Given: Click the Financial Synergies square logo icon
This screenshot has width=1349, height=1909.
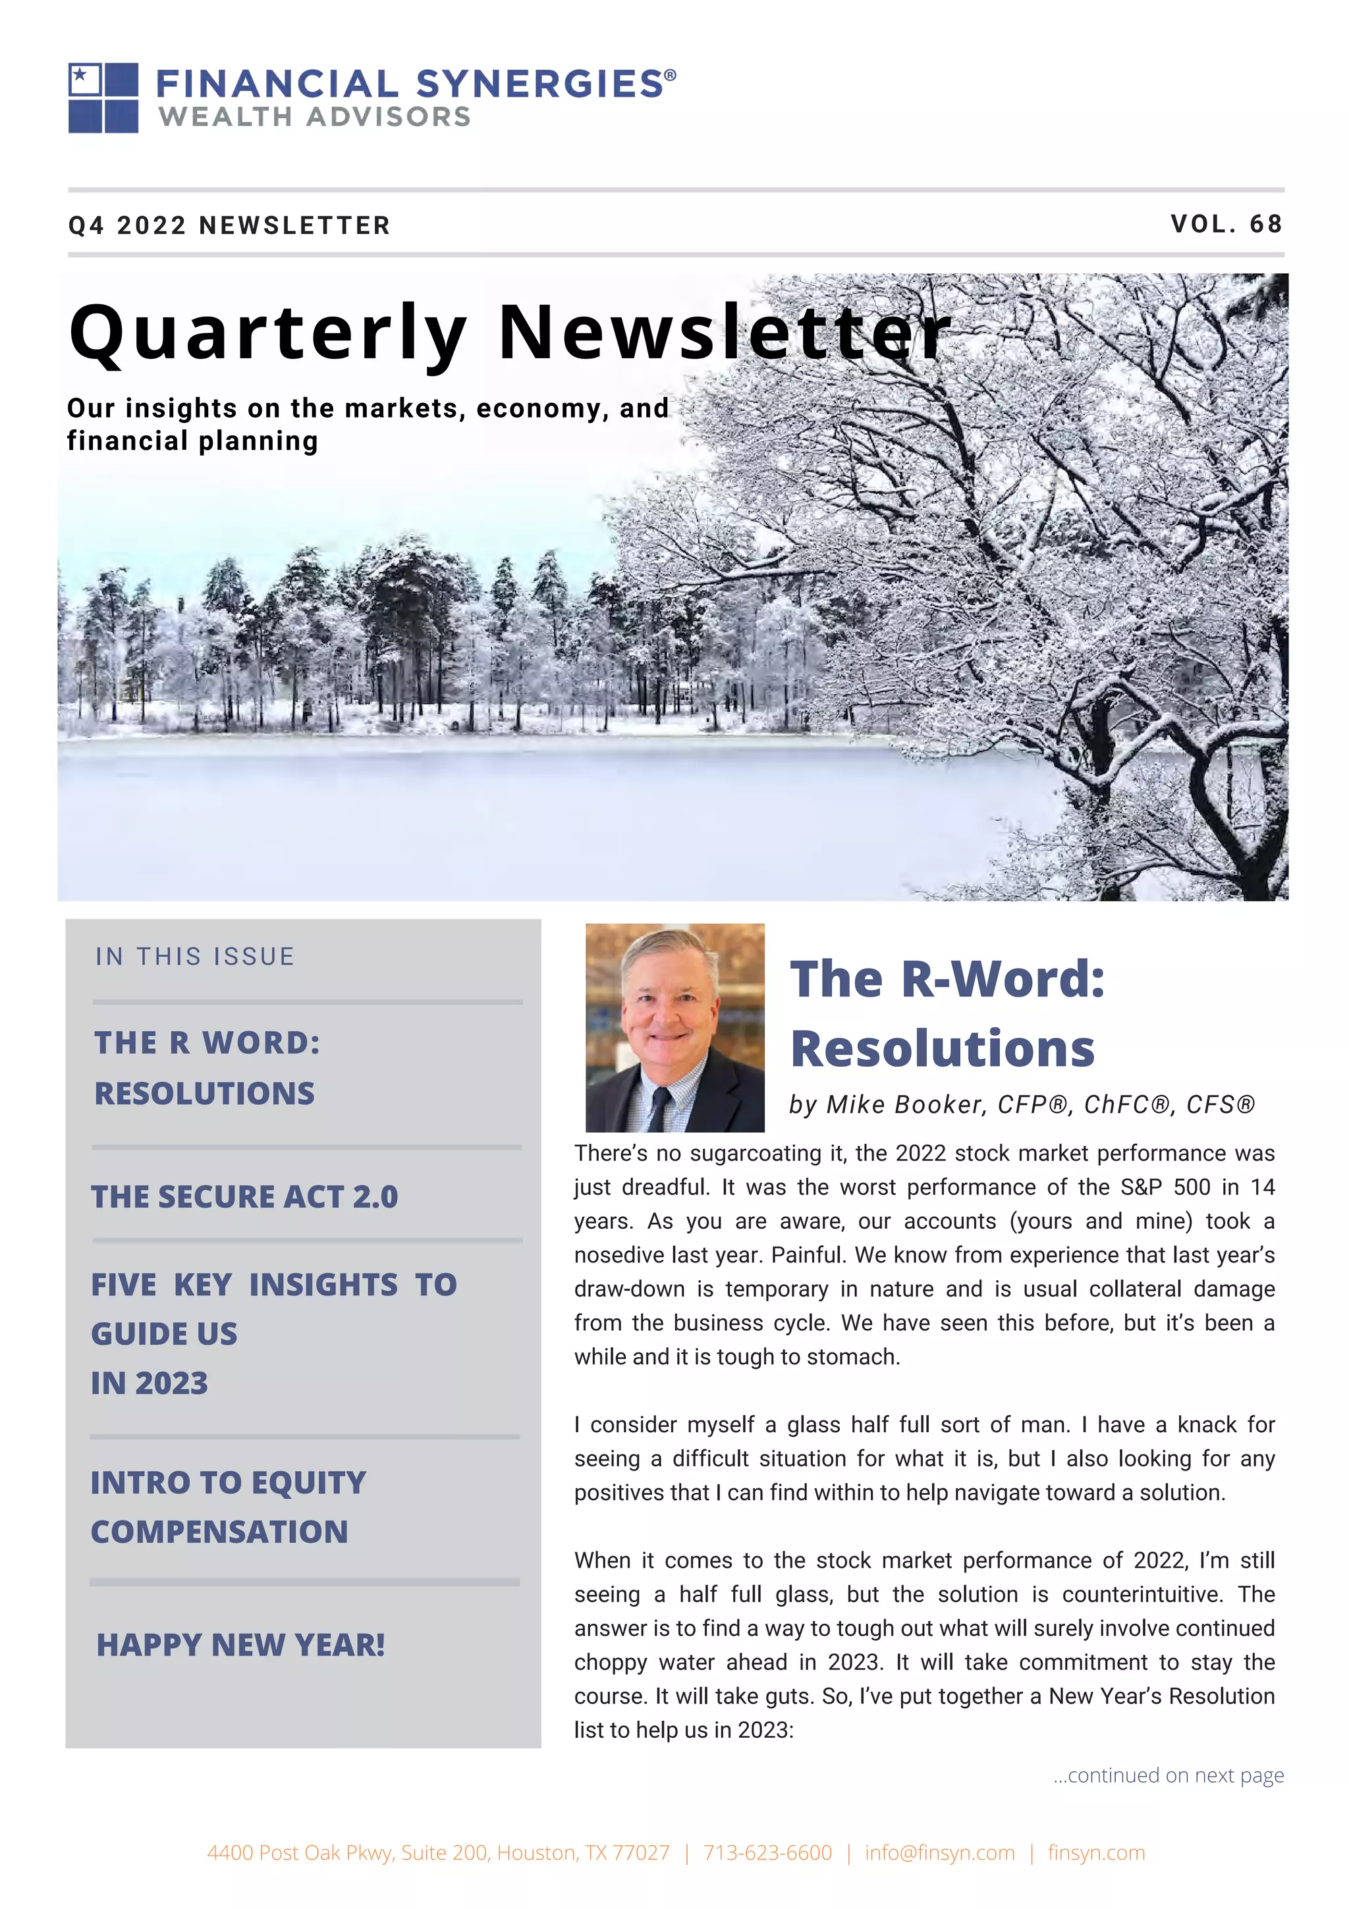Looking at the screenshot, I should (x=103, y=97).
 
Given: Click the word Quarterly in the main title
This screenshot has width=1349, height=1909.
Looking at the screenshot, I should (x=268, y=333).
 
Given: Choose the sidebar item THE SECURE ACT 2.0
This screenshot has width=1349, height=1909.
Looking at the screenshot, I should (x=244, y=1196).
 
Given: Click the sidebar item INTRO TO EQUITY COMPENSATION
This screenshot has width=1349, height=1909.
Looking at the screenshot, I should (x=228, y=1507).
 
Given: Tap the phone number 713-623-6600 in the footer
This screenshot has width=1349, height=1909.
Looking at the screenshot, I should (x=767, y=1852).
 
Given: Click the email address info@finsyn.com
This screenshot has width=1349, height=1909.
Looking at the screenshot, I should (x=939, y=1852).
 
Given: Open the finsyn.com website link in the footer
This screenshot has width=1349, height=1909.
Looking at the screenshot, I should (x=1095, y=1852).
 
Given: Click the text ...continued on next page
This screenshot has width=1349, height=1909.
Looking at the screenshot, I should (x=1168, y=1775).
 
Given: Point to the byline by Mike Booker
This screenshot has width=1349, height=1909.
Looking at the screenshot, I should (x=1022, y=1104).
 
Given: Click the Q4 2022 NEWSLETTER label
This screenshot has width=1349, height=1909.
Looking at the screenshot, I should (x=229, y=225).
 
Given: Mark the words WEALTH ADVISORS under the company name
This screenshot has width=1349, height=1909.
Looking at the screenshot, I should (x=314, y=117).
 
